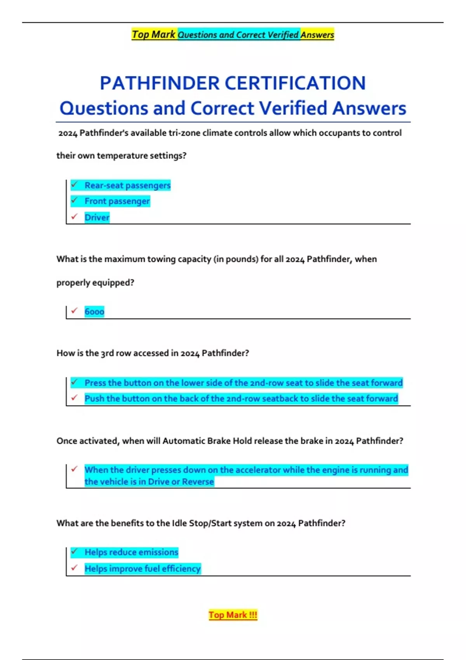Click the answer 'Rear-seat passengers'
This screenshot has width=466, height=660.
click(x=127, y=186)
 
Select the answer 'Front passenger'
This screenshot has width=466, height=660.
click(x=117, y=201)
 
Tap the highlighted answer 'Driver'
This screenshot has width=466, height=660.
click(x=97, y=217)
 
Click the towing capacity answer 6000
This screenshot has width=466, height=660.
click(x=94, y=312)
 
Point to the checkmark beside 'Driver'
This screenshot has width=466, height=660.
click(x=75, y=217)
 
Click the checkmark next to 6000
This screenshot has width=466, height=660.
click(x=75, y=311)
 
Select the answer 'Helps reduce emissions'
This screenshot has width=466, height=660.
click(x=131, y=552)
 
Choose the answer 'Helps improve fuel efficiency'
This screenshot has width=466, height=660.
click(x=143, y=569)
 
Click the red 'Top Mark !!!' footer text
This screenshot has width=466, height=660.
click(x=233, y=615)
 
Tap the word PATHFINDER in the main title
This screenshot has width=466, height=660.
click(x=160, y=83)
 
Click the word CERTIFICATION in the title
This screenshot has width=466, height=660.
click(x=295, y=83)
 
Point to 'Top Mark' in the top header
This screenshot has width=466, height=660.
click(x=154, y=35)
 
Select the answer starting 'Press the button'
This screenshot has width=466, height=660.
click(x=243, y=383)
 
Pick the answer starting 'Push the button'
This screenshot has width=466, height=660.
click(x=241, y=399)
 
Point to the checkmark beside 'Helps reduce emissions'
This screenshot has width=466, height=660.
click(x=75, y=551)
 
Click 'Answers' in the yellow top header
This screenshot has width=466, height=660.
click(x=317, y=35)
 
